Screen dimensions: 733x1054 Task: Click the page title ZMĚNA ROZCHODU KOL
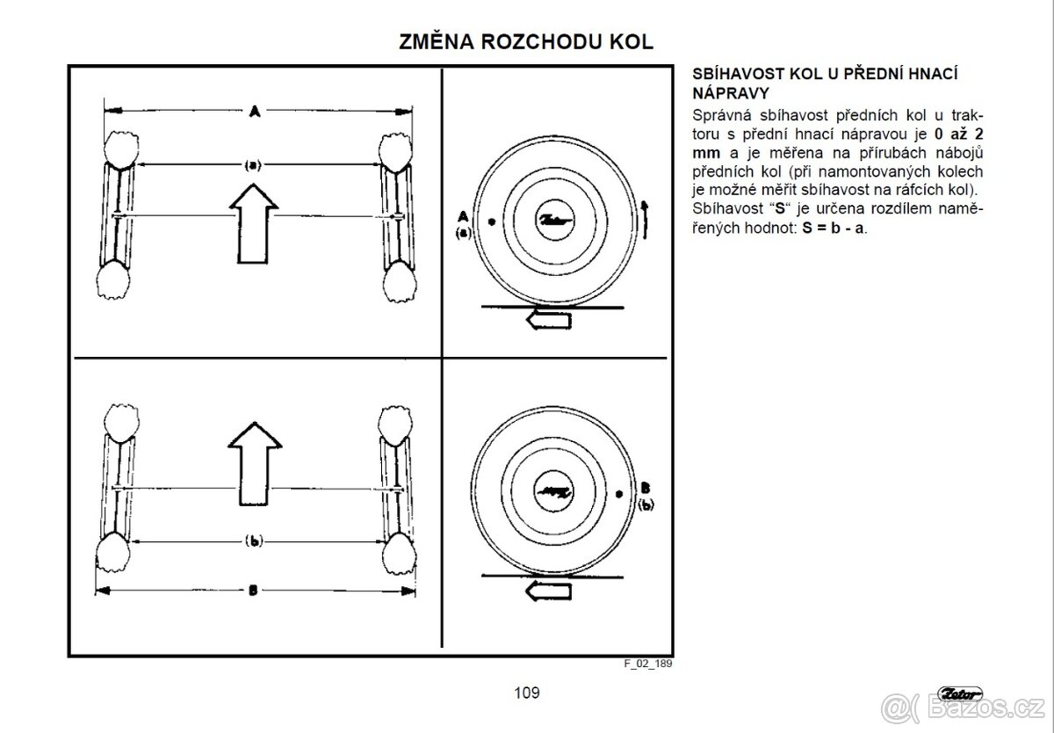tap(526, 42)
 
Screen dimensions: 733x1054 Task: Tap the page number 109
tap(527, 692)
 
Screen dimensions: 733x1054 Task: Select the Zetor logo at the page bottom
tap(959, 693)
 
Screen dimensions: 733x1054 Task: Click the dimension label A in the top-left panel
tap(254, 111)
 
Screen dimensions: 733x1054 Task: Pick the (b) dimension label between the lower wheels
tap(253, 541)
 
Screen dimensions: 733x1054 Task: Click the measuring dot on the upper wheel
tap(490, 221)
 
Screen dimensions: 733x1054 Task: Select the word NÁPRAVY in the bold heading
tap(731, 92)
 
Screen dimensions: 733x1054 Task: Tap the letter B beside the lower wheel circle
tap(645, 486)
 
